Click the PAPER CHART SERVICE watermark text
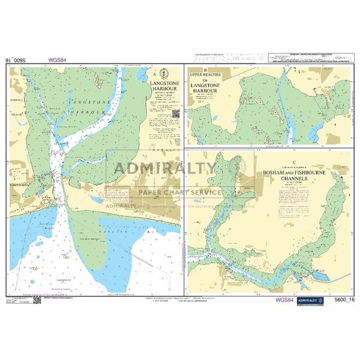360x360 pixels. (x=176, y=193)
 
